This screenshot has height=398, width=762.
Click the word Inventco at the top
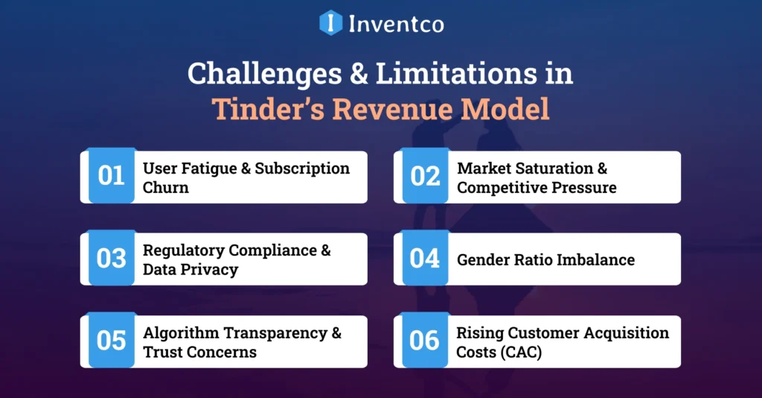tap(396, 23)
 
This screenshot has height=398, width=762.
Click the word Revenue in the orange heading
tap(394, 109)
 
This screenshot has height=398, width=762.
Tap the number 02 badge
tap(425, 177)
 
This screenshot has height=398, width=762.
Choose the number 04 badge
tap(425, 259)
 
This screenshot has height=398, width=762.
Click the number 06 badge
tap(425, 341)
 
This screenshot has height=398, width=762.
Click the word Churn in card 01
tap(166, 188)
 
